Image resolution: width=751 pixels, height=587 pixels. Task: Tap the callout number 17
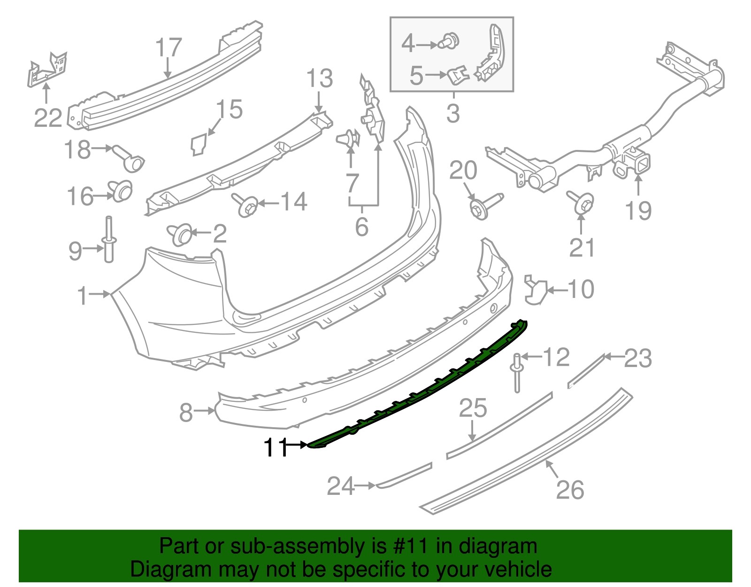point(168,48)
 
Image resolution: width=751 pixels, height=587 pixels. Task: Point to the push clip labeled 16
point(121,190)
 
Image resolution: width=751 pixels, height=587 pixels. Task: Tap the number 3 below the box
point(453,114)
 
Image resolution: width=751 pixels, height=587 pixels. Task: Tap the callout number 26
point(570,490)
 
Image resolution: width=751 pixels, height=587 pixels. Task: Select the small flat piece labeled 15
point(199,144)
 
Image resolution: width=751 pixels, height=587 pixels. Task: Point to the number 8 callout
point(186,413)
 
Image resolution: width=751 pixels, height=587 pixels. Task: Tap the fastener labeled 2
point(181,234)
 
